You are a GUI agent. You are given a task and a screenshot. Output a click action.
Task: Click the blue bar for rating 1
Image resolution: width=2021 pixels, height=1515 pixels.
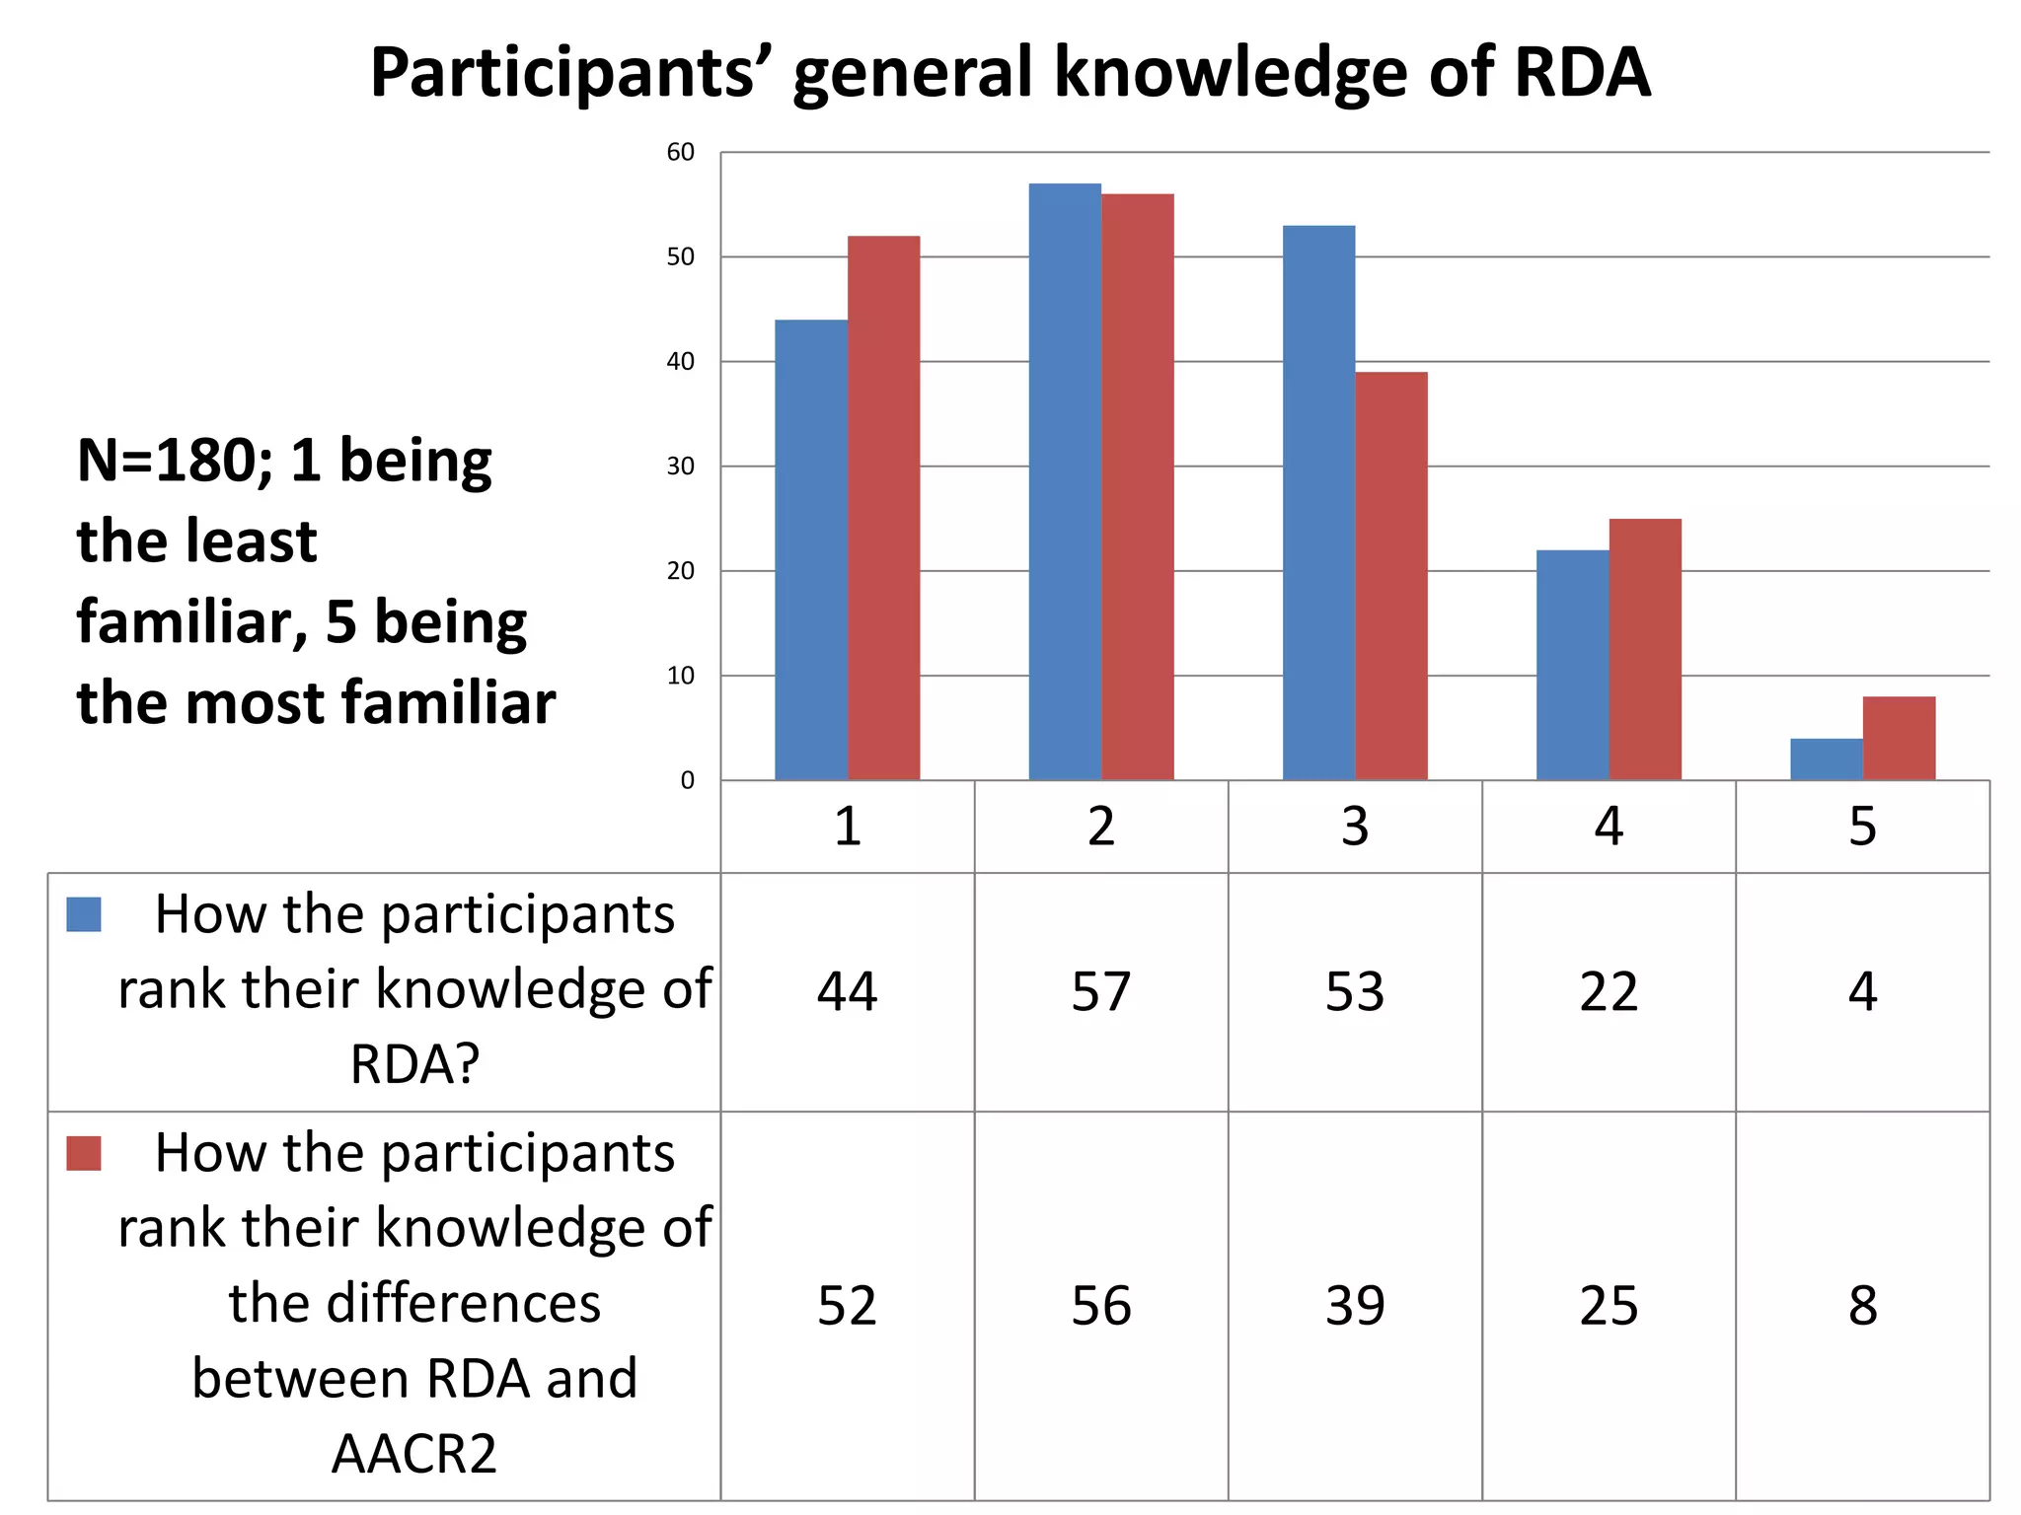pyautogui.click(x=811, y=549)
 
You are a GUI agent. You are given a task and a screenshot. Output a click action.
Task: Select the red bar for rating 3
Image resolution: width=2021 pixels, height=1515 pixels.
pyautogui.click(x=1391, y=576)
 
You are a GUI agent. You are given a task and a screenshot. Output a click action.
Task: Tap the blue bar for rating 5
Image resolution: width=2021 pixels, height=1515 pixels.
pyautogui.click(x=1827, y=759)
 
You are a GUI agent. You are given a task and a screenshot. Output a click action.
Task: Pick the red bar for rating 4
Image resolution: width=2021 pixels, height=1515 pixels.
pyautogui.click(x=1645, y=649)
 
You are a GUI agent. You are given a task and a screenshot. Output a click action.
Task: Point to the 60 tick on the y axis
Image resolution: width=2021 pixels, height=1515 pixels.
pyautogui.click(x=681, y=152)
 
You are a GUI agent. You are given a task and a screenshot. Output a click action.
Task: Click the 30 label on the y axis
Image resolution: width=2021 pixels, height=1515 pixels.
pyautogui.click(x=681, y=467)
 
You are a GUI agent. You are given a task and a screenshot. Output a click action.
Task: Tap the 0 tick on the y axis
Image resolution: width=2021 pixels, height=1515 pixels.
pyautogui.click(x=688, y=781)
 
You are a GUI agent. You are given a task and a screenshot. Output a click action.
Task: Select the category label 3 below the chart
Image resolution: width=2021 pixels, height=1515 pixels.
pyautogui.click(x=1355, y=827)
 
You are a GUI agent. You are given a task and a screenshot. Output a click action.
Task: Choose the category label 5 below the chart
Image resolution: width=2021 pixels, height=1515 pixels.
pyautogui.click(x=1862, y=827)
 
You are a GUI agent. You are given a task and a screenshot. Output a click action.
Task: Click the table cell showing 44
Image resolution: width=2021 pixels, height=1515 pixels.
pyautogui.click(x=847, y=991)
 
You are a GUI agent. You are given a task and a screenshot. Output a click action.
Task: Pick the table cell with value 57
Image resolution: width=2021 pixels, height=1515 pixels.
pyautogui.click(x=1101, y=991)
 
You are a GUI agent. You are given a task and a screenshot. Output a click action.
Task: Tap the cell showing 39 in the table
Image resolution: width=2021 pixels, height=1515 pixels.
pyautogui.click(x=1355, y=1306)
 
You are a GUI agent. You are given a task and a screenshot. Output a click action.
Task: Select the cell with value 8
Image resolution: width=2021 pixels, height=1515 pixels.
pyautogui.click(x=1862, y=1306)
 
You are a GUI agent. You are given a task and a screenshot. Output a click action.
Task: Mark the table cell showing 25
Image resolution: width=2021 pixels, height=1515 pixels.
pyautogui.click(x=1609, y=1306)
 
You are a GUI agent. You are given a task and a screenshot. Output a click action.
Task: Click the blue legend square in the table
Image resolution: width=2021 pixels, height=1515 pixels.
pyautogui.click(x=84, y=914)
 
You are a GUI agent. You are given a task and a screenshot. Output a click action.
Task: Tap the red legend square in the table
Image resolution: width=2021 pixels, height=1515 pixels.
pyautogui.click(x=84, y=1153)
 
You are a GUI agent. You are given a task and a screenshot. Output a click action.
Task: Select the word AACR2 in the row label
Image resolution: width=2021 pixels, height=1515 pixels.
pyautogui.click(x=414, y=1454)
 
